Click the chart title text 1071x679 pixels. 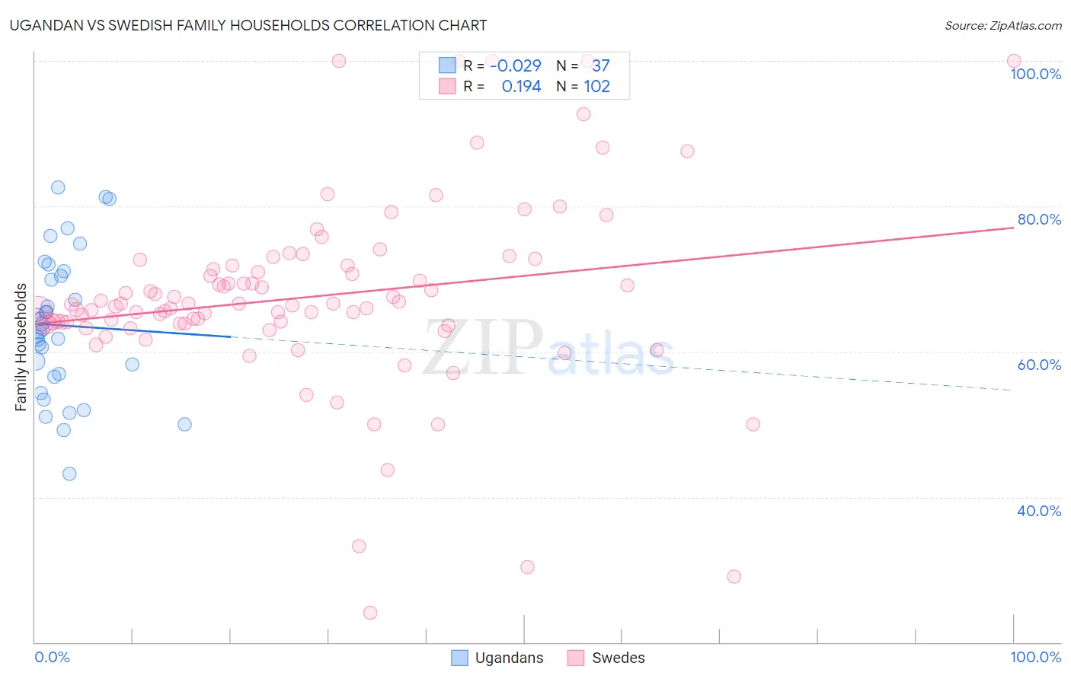pyautogui.click(x=248, y=25)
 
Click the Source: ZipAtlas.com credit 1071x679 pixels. pyautogui.click(x=1002, y=25)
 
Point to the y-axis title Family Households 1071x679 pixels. pyautogui.click(x=21, y=347)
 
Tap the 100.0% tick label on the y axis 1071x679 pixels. pyautogui.click(x=1035, y=74)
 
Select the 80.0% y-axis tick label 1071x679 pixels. pyautogui.click(x=1039, y=219)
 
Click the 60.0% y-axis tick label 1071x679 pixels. pyautogui.click(x=1039, y=365)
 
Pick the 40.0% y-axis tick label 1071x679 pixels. pyautogui.click(x=1039, y=511)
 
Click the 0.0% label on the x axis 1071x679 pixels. pyautogui.click(x=52, y=657)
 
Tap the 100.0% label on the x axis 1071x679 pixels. pyautogui.click(x=1035, y=657)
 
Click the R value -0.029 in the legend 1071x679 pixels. pyautogui.click(x=516, y=65)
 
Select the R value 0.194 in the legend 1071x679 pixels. pyautogui.click(x=521, y=87)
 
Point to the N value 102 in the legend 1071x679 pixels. pyautogui.click(x=596, y=87)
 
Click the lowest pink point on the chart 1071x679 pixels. pyautogui.click(x=370, y=613)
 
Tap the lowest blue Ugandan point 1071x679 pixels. pyautogui.click(x=69, y=473)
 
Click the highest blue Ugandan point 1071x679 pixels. pyautogui.click(x=58, y=187)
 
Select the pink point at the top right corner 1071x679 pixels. pyautogui.click(x=1013, y=61)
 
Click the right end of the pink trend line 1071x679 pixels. pyautogui.click(x=1013, y=228)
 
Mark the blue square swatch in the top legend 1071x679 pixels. pyautogui.click(x=447, y=65)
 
